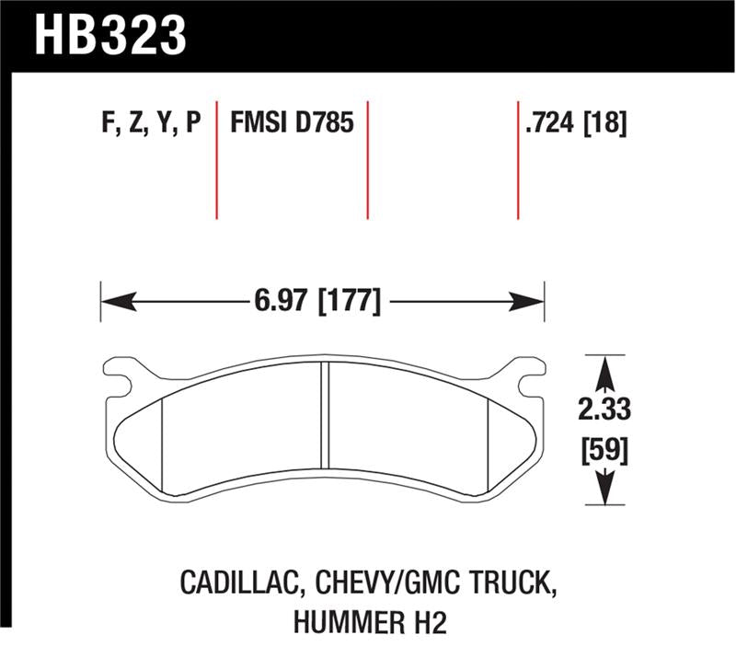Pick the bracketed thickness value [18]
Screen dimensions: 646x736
coord(605,123)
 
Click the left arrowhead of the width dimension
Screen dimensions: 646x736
coord(116,301)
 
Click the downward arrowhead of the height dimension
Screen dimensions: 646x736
coord(604,488)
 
